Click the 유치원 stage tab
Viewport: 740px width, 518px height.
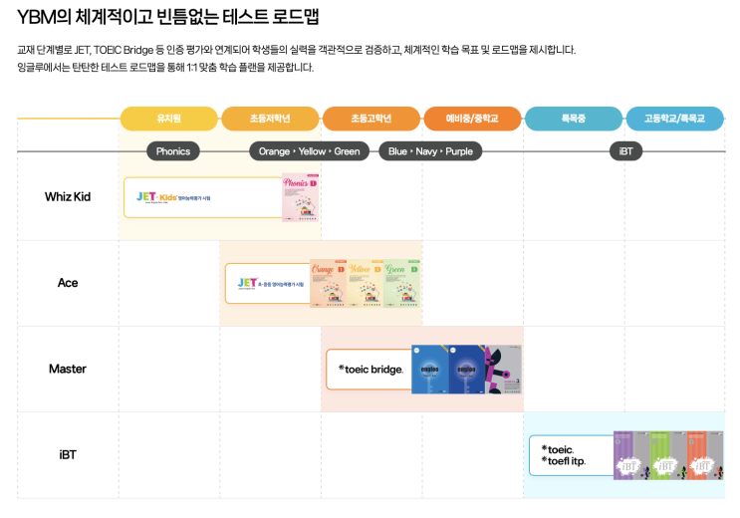point(169,119)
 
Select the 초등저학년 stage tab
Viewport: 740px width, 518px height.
point(271,119)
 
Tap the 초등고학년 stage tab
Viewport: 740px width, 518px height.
point(371,119)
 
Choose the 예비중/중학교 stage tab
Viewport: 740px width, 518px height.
point(472,119)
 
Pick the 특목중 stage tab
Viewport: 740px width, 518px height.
point(573,119)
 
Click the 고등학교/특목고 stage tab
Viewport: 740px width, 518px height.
point(674,119)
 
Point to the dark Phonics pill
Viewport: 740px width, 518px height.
point(173,151)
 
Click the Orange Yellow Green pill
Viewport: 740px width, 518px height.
point(310,151)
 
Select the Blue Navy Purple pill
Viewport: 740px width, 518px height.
point(431,151)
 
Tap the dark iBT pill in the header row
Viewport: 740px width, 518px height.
point(625,151)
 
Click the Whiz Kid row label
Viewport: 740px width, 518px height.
point(68,196)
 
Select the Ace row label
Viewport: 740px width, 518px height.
point(68,283)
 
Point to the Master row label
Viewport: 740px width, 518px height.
point(68,369)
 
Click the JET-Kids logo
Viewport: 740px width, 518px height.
point(156,197)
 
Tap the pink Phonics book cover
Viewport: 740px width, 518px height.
point(300,197)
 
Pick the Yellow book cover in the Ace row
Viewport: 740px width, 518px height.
point(366,283)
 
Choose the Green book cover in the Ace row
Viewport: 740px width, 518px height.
point(402,283)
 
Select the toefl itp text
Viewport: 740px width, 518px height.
point(564,462)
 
